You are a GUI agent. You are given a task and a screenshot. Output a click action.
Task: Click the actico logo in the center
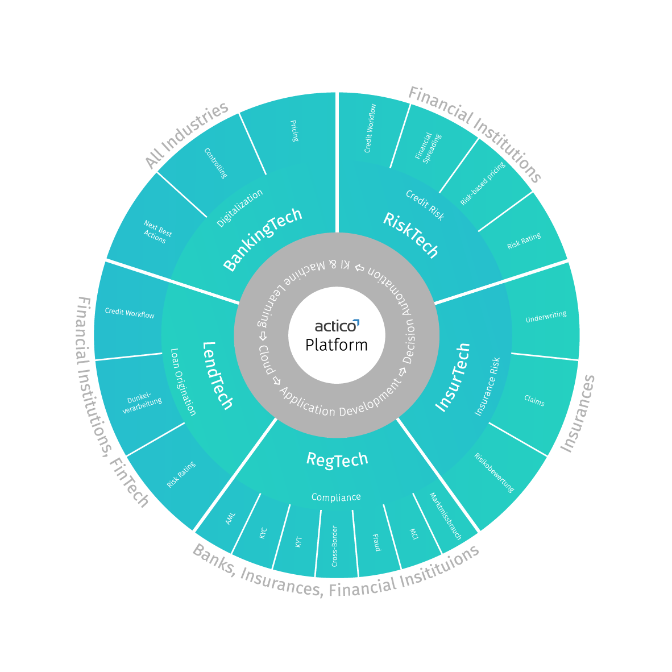(337, 326)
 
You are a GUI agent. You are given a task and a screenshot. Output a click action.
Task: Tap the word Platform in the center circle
(337, 345)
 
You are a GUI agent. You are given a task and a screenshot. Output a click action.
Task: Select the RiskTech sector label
(411, 235)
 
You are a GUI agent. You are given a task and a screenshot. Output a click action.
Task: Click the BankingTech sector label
(262, 239)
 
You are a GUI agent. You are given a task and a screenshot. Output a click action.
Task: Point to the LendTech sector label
(218, 376)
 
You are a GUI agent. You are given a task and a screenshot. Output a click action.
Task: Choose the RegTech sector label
(337, 459)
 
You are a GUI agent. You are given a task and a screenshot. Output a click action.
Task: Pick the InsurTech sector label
(453, 377)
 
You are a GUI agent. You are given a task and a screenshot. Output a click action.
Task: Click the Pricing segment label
(294, 131)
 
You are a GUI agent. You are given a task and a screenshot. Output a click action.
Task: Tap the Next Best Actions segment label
(156, 233)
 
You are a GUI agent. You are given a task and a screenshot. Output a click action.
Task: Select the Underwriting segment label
(546, 317)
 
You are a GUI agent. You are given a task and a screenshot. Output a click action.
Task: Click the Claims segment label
(534, 401)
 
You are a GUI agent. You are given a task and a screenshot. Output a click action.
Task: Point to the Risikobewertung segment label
(494, 472)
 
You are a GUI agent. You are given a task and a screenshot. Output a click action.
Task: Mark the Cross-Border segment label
(335, 546)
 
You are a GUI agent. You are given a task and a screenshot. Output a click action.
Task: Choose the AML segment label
(230, 518)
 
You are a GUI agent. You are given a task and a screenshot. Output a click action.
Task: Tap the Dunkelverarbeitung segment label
(142, 403)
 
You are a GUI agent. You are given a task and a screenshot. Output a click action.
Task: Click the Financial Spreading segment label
(428, 147)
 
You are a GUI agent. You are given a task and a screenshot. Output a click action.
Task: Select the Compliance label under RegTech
(336, 497)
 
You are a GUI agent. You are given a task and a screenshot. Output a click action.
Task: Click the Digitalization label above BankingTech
(240, 208)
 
